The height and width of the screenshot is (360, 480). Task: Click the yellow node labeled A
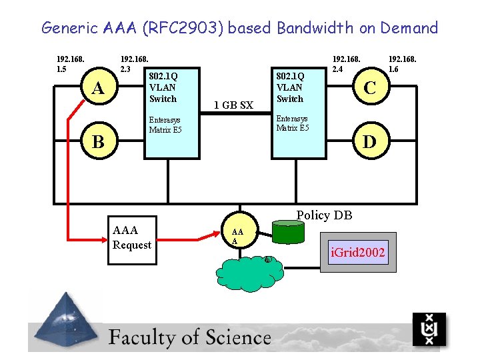pyautogui.click(x=98, y=89)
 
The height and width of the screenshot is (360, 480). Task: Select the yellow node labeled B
pyautogui.click(x=98, y=141)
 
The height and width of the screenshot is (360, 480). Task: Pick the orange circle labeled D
pyautogui.click(x=368, y=141)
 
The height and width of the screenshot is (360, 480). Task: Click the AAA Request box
pyautogui.click(x=133, y=239)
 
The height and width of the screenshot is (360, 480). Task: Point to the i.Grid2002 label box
pyautogui.click(x=358, y=253)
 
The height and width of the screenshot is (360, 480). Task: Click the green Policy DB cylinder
pyautogui.click(x=288, y=232)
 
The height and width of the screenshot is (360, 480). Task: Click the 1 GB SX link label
pyautogui.click(x=233, y=105)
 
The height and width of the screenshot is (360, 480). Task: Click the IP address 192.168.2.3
pyautogui.click(x=133, y=63)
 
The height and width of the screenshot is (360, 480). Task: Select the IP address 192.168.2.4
pyautogui.click(x=346, y=63)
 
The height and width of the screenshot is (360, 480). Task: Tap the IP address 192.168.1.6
pyautogui.click(x=403, y=63)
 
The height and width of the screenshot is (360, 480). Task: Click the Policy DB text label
pyautogui.click(x=324, y=215)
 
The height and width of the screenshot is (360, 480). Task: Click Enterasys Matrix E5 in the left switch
pyautogui.click(x=165, y=125)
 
